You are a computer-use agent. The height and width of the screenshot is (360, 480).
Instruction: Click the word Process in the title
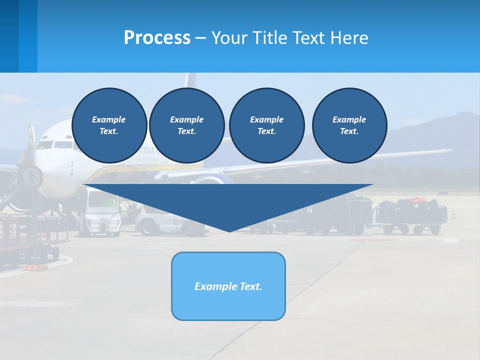pos(157,38)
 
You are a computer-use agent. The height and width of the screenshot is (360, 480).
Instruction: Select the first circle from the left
pos(109,125)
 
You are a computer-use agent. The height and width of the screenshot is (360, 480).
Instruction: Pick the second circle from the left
pos(186,125)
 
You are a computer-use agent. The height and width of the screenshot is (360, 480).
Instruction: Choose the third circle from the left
pos(266,125)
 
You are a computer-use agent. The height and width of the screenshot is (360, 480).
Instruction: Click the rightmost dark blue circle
pos(349,125)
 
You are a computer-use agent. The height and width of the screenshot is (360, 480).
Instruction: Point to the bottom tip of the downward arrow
pos(229,231)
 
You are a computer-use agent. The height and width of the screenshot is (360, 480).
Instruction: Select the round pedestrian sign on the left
pos(31,176)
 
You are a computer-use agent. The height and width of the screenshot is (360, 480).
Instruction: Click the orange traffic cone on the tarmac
pos(454,214)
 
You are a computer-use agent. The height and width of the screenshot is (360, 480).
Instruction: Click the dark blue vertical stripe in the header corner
pos(9,36)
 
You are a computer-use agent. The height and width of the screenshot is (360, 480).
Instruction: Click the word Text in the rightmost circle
pos(348,131)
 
